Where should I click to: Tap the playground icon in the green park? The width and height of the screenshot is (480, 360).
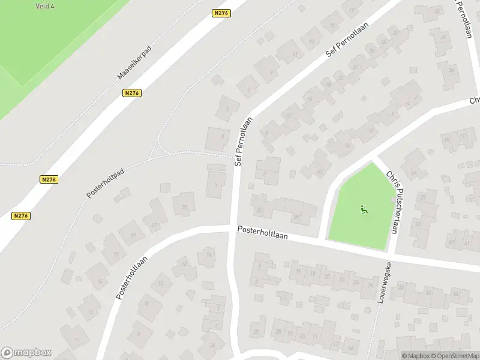pos(363,209)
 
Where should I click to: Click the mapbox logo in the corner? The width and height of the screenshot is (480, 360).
pos(26,353)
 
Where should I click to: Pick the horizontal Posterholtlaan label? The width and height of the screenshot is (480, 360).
pos(262,232)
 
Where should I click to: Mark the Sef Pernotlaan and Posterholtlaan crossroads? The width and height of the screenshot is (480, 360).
pos(233,229)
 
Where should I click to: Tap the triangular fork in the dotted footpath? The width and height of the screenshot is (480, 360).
pos(157,147)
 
